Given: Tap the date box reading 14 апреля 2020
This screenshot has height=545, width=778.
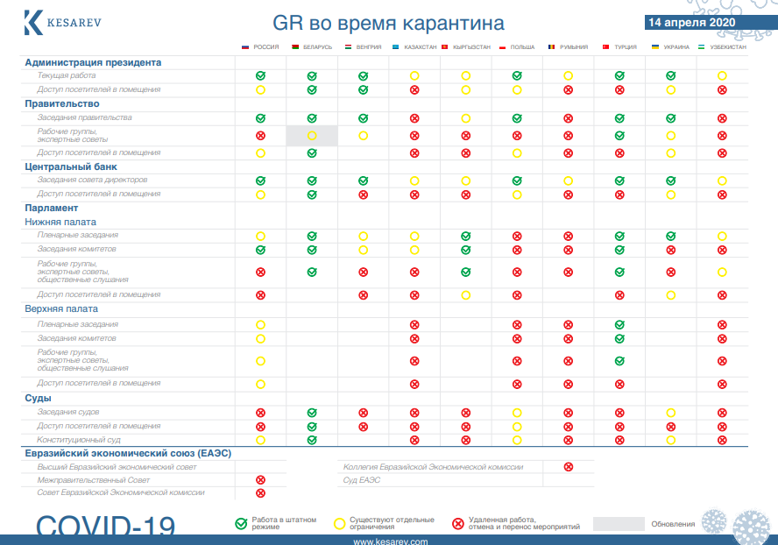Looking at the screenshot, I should [691, 22].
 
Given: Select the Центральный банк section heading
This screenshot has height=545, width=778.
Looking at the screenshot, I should [70, 166].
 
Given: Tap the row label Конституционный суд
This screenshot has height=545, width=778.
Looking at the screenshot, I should [79, 440].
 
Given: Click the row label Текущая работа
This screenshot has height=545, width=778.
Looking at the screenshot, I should [67, 76].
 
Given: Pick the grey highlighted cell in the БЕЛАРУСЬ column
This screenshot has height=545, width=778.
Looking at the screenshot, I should [312, 136].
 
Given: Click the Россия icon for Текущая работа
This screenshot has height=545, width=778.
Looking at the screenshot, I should [260, 76].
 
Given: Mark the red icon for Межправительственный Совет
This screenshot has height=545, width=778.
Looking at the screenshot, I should [260, 480].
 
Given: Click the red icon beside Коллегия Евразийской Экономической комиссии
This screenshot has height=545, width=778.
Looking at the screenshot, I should [568, 467].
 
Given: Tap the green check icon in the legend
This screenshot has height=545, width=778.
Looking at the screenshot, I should [241, 524].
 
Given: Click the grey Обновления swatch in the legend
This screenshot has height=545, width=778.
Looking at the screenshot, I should [619, 524].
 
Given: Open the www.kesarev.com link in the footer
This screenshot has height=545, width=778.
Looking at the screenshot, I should [390, 541].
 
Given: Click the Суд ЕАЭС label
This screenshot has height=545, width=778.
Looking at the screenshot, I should [361, 480].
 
